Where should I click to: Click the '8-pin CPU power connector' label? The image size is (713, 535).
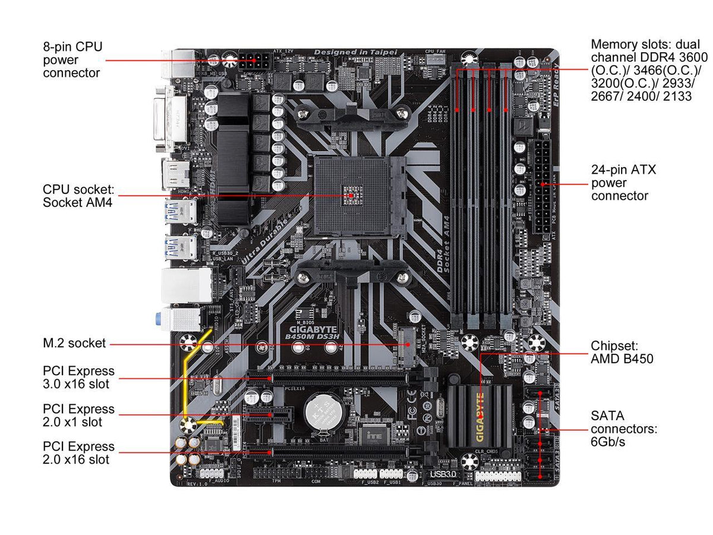pos(71,59)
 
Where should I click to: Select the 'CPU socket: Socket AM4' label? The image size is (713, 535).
pos(78,195)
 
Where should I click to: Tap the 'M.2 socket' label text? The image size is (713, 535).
pos(74,343)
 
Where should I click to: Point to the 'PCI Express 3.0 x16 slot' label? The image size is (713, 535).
pos(78,377)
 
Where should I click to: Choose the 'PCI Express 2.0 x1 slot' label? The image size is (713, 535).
pos(78,416)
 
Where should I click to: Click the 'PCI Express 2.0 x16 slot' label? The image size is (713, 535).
pos(78,452)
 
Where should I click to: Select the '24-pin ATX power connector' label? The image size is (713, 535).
pos(623,182)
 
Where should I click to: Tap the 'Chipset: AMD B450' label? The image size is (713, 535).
pos(621,352)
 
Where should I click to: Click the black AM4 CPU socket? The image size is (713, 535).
pos(351,194)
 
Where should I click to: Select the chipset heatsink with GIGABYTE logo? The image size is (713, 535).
pos(480,415)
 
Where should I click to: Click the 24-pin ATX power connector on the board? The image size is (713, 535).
pos(542,187)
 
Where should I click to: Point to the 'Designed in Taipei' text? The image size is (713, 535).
pos(355,52)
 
